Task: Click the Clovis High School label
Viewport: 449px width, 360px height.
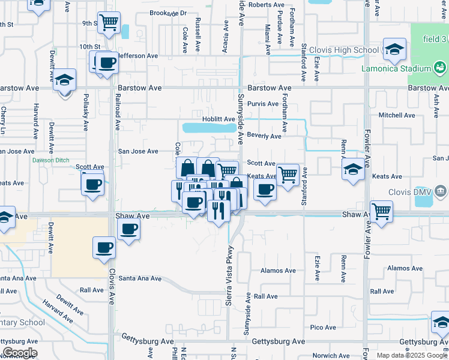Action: (x=345, y=50)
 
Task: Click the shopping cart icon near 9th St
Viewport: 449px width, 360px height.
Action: (x=109, y=23)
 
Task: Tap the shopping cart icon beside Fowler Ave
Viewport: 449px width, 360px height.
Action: (x=382, y=211)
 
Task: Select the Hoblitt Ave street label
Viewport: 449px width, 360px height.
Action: (x=218, y=119)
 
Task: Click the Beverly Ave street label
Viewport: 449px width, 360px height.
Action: (x=264, y=136)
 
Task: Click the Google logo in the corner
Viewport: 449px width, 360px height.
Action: (x=20, y=352)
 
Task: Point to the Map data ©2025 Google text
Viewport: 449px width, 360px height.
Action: (x=412, y=355)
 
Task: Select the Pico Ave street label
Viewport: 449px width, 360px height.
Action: (x=323, y=327)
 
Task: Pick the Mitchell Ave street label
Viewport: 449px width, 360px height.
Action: (x=396, y=115)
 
